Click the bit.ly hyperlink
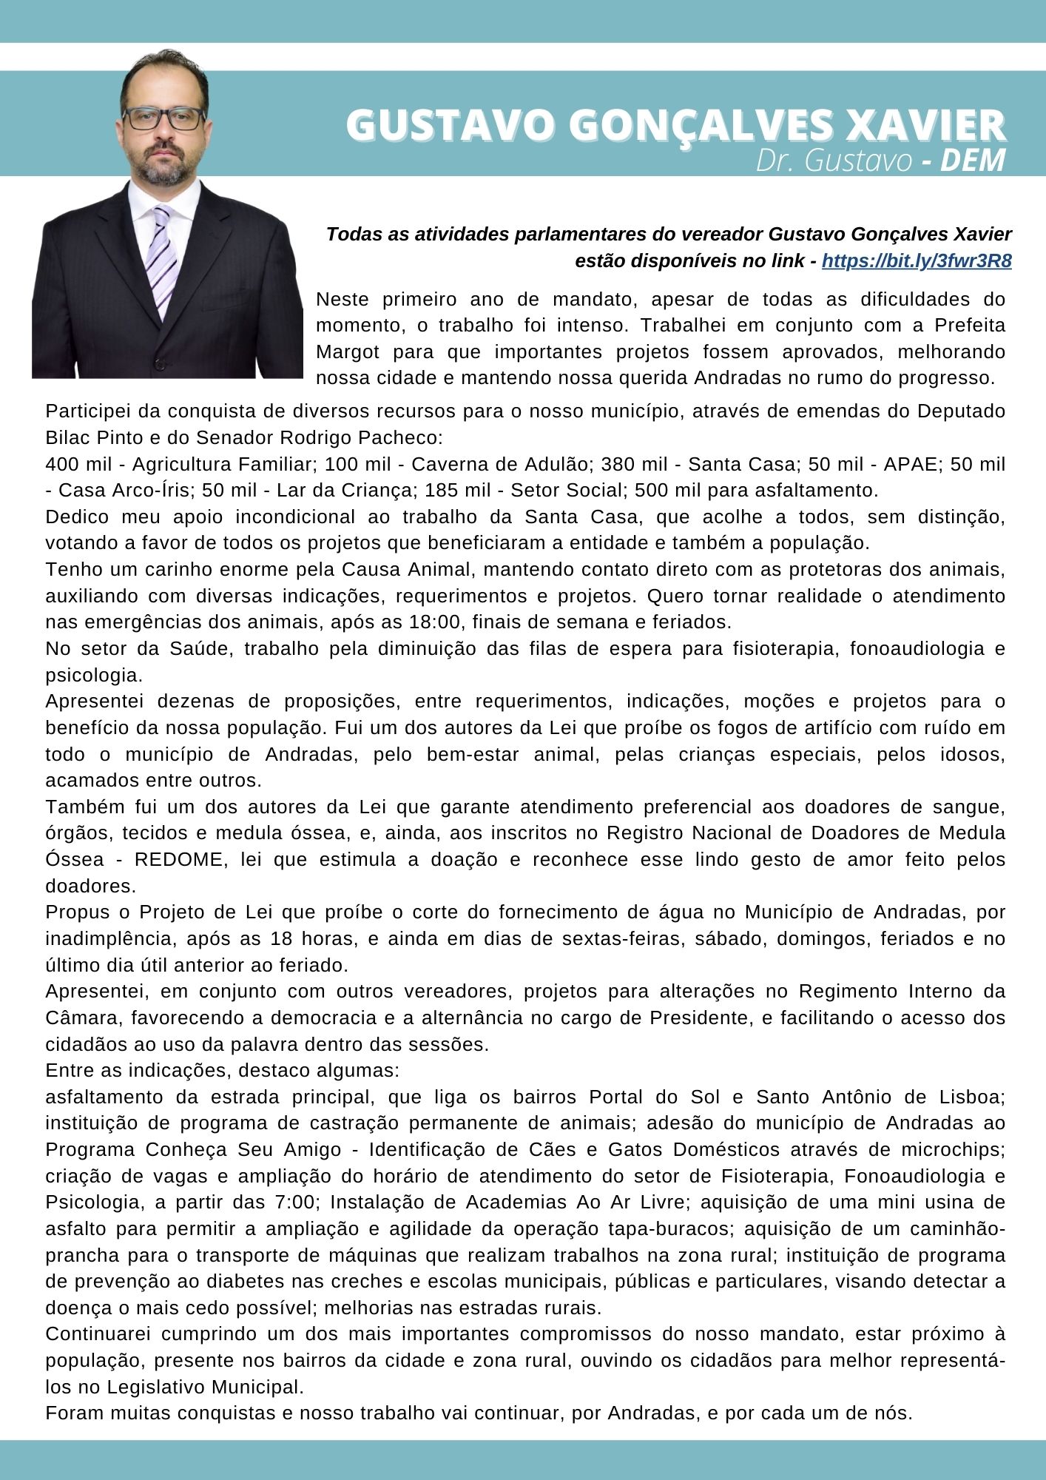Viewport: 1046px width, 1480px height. [917, 261]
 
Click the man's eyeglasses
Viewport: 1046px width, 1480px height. [163, 118]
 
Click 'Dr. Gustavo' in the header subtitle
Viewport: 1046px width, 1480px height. [834, 161]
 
